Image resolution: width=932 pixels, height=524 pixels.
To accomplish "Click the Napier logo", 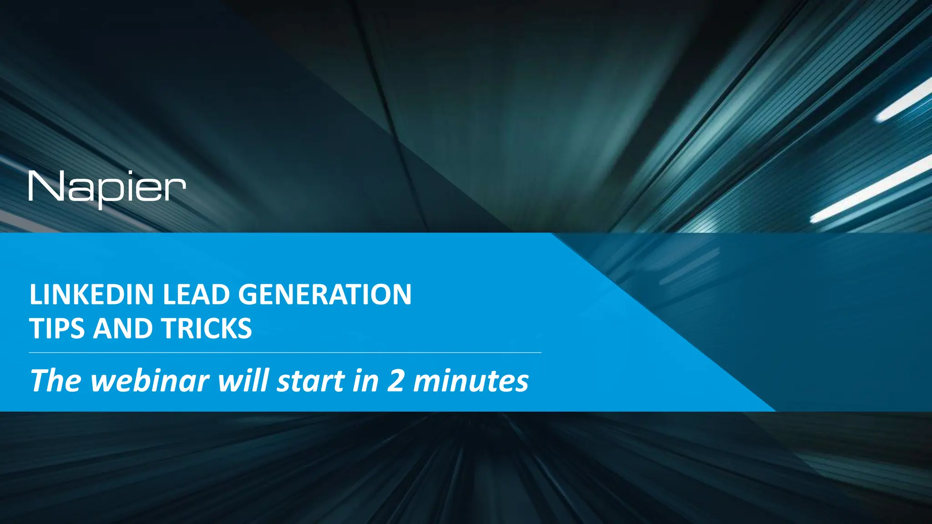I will [107, 188].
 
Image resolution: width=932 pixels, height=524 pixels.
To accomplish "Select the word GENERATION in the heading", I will [324, 294].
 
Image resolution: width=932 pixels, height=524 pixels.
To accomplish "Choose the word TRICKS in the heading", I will [206, 328].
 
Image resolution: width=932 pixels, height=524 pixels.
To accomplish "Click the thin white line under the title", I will [285, 353].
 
